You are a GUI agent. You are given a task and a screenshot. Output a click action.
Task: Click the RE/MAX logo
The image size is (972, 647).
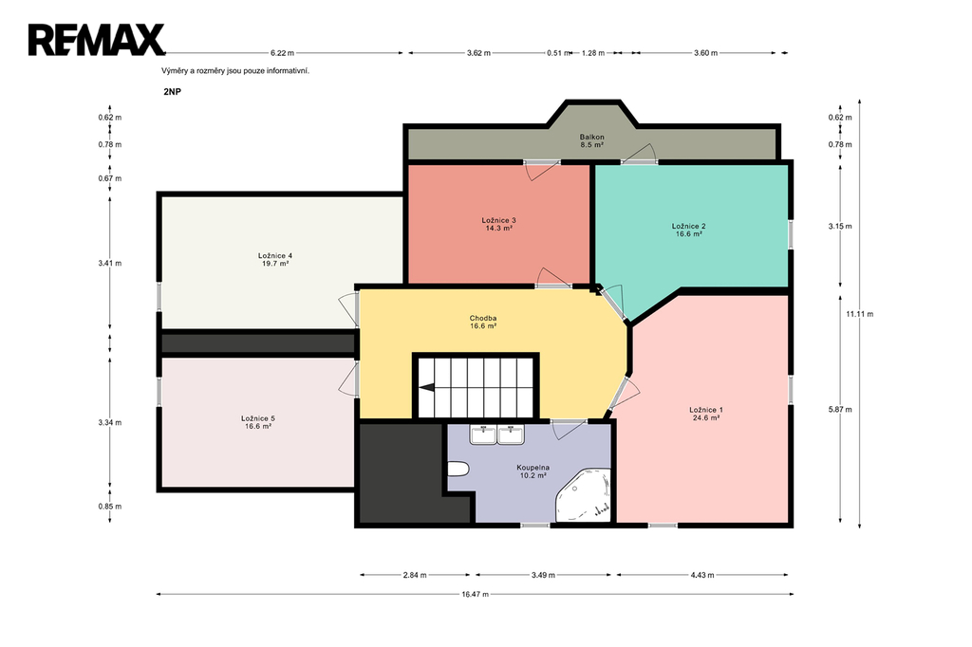click(x=96, y=40)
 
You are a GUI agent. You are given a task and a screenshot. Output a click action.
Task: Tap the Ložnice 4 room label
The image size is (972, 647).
click(x=275, y=259)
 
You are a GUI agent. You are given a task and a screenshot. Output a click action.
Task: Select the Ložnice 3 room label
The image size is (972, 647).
click(x=499, y=224)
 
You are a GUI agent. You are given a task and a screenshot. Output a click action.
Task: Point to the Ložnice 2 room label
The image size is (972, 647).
click(x=689, y=230)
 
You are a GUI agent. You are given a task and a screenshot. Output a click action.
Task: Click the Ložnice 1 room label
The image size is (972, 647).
click(x=706, y=414)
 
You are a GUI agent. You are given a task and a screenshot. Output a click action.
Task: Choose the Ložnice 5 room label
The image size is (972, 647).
click(x=258, y=422)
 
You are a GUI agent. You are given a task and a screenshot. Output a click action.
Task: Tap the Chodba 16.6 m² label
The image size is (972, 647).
click(x=483, y=322)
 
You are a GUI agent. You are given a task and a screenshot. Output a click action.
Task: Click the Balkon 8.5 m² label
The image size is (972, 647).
click(x=592, y=140)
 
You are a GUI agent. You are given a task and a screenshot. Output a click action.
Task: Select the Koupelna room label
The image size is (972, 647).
click(x=533, y=471)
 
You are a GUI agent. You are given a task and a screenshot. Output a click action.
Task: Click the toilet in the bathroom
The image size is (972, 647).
click(x=458, y=470)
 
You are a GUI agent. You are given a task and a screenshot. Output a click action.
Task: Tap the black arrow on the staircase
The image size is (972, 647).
click(x=426, y=388)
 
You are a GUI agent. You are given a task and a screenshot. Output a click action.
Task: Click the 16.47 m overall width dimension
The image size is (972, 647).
click(x=475, y=594)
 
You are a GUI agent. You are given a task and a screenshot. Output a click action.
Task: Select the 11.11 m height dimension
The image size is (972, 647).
click(x=860, y=314)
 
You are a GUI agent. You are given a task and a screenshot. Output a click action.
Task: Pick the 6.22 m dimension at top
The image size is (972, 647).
click(x=282, y=53)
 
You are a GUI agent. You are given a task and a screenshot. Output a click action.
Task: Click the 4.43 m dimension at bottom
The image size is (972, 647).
click(x=702, y=575)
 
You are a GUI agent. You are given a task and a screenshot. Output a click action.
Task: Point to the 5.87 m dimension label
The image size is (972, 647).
click(x=840, y=409)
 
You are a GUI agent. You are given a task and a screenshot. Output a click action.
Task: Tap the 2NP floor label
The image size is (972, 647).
click(x=173, y=92)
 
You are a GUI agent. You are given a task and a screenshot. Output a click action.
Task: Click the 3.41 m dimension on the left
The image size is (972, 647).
click(x=110, y=263)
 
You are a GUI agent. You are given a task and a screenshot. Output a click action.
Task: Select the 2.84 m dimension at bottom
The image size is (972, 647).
click(x=415, y=575)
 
